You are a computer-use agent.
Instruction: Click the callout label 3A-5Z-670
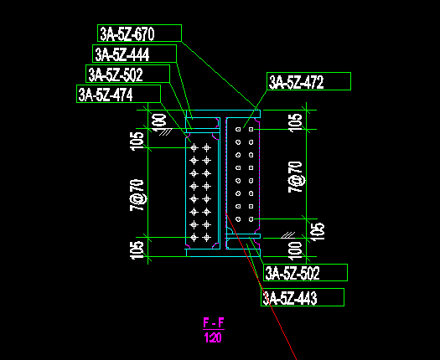(x=139, y=33)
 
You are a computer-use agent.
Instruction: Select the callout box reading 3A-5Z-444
(x=134, y=54)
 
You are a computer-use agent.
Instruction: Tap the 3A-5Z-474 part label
(x=118, y=94)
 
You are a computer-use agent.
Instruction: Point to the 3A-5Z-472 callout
(x=308, y=81)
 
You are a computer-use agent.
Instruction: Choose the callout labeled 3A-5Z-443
(x=303, y=297)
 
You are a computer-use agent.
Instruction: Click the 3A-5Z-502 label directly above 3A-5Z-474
(x=127, y=74)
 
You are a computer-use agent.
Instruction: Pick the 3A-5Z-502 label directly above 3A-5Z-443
(x=305, y=273)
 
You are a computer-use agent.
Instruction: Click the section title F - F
(x=214, y=323)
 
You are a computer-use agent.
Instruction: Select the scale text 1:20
(x=213, y=337)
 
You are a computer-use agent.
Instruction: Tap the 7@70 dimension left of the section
(x=137, y=195)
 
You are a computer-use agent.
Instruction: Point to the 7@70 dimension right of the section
(x=295, y=177)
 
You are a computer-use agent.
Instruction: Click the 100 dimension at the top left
(x=159, y=122)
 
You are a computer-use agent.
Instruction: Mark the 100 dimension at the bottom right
(x=295, y=250)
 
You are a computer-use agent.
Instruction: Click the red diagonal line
(x=261, y=286)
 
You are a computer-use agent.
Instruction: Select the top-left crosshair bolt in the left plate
(x=194, y=147)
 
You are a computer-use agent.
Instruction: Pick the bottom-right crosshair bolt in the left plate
(x=207, y=238)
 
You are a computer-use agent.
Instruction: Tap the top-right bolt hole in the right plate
(x=251, y=129)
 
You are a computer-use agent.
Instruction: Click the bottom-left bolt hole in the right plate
(x=238, y=219)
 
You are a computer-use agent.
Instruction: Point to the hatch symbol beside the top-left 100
(x=166, y=132)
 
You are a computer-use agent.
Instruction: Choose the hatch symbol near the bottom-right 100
(x=288, y=235)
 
